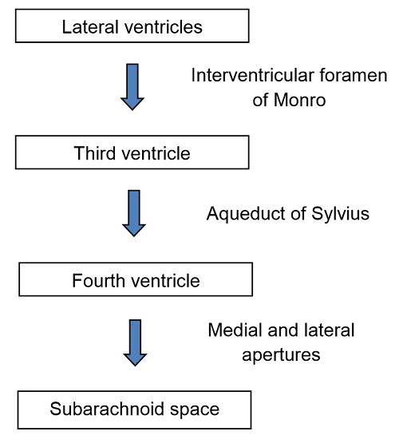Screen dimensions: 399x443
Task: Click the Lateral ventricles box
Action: click(132, 26)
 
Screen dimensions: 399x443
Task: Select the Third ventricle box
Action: click(132, 152)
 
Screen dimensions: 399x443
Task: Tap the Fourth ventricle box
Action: click(136, 279)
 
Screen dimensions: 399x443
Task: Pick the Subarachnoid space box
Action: click(134, 410)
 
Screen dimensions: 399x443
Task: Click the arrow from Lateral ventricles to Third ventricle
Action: click(132, 87)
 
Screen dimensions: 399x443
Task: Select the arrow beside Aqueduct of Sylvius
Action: click(134, 213)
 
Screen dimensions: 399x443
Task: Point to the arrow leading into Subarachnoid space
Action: click(135, 342)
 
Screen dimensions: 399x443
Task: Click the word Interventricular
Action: click(253, 76)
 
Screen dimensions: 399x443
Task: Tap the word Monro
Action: click(299, 100)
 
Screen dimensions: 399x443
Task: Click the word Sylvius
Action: click(340, 214)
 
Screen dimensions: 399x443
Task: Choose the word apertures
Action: click(281, 355)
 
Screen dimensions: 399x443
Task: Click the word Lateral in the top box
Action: click(90, 27)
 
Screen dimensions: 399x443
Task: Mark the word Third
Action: click(95, 153)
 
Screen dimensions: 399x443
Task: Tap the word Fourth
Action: click(98, 280)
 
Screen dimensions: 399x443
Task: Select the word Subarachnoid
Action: click(107, 409)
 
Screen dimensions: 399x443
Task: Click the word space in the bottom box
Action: click(195, 410)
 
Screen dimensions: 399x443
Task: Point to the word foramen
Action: click(354, 76)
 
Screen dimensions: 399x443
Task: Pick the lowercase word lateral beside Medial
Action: click(326, 330)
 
